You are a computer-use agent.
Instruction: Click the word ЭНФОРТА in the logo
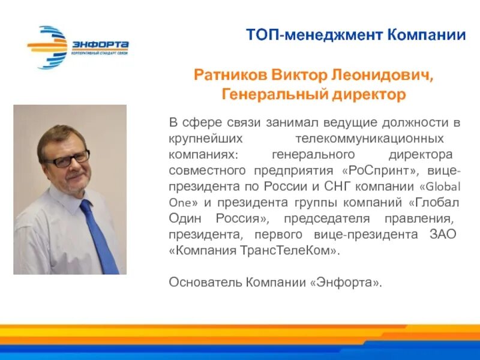[100, 44]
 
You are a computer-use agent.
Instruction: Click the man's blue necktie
[99, 237]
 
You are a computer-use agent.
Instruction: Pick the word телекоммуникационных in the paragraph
[370, 139]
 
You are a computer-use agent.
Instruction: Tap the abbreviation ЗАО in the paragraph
[445, 233]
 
